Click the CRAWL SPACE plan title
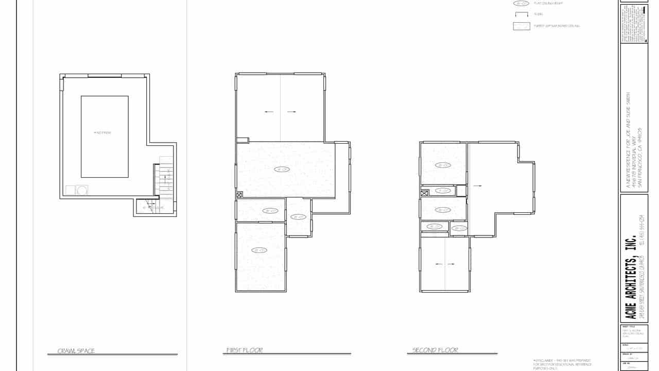click(x=76, y=351)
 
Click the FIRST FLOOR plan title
click(x=245, y=350)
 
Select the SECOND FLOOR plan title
click(x=435, y=350)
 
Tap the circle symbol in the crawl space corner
click(x=82, y=190)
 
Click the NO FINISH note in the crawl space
click(x=103, y=133)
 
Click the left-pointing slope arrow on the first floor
click(x=269, y=111)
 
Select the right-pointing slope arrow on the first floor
click(x=292, y=111)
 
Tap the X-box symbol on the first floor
click(x=239, y=195)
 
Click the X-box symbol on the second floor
click(x=425, y=193)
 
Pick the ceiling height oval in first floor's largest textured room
click(x=282, y=169)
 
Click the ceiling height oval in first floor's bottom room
click(x=259, y=250)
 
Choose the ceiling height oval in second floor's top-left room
click(x=442, y=165)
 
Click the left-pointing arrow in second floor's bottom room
click(x=438, y=264)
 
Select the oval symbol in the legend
click(x=521, y=4)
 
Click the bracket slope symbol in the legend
click(x=522, y=14)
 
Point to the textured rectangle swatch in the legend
click(x=522, y=26)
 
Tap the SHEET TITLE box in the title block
click(x=634, y=332)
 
